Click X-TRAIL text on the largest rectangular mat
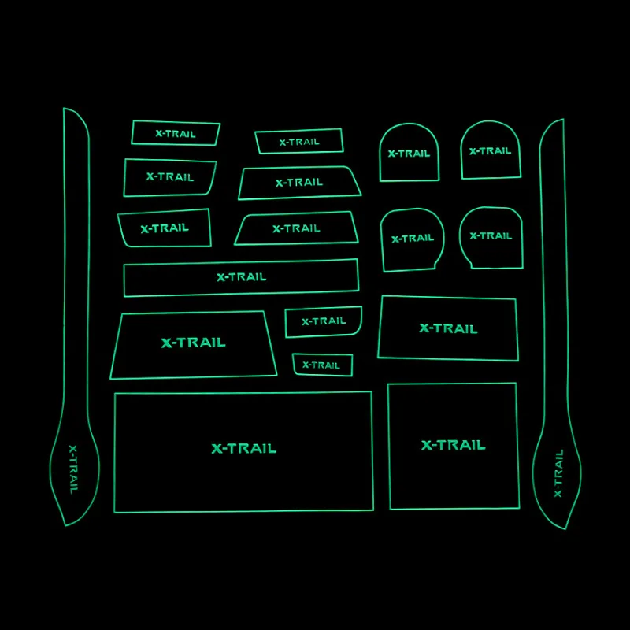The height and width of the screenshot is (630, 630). click(244, 448)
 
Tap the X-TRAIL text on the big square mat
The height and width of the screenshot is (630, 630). click(454, 445)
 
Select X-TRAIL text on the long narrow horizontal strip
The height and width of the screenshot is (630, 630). click(242, 277)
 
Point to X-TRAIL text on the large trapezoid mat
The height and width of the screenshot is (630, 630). click(193, 343)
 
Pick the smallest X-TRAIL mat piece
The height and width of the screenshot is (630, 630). click(323, 365)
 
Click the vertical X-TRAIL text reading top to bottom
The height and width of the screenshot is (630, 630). click(73, 469)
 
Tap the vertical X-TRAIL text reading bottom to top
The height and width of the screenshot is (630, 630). click(558, 473)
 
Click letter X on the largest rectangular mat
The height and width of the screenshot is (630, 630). click(217, 449)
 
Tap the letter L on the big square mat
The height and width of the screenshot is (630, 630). click(481, 445)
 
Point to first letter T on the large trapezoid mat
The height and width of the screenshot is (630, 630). click(182, 343)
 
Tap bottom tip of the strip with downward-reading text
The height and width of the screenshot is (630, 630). click(65, 525)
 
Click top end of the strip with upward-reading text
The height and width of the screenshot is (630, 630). click(563, 119)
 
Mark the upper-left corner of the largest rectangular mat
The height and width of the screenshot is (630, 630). click(115, 394)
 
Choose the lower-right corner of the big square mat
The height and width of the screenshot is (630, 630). click(519, 508)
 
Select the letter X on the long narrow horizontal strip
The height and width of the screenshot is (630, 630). click(220, 277)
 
